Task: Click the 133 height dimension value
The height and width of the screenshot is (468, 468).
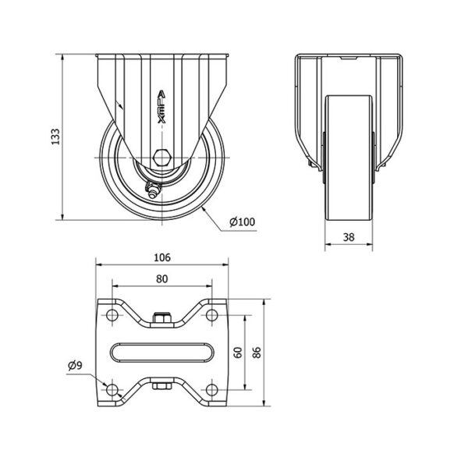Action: [55, 136]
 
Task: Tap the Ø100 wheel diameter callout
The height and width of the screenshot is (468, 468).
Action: [243, 222]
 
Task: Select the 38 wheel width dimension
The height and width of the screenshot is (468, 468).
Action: [349, 237]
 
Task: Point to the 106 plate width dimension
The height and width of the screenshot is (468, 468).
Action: [162, 257]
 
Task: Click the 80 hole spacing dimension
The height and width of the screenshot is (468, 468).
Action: [162, 278]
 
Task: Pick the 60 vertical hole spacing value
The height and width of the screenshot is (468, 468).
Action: [238, 353]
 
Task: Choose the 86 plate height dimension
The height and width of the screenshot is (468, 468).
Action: [257, 353]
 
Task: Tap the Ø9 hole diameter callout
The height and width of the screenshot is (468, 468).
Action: [75, 365]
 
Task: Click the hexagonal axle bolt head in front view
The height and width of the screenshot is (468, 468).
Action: [161, 157]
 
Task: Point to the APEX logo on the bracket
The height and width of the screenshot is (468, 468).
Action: [161, 107]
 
